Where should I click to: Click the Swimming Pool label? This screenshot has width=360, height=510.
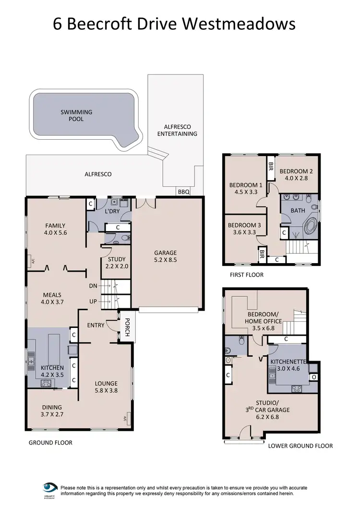point(76,115)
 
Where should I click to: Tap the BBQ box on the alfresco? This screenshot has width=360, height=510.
point(184,192)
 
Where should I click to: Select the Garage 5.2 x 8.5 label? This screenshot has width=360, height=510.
point(165,256)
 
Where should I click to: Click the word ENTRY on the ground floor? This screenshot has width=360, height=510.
point(96,325)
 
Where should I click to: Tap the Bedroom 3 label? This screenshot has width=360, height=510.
point(244,229)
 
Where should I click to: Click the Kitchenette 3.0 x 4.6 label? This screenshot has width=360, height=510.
point(288,365)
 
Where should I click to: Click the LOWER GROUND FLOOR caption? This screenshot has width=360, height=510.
point(300,446)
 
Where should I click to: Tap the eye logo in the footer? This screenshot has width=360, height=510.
point(49,487)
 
